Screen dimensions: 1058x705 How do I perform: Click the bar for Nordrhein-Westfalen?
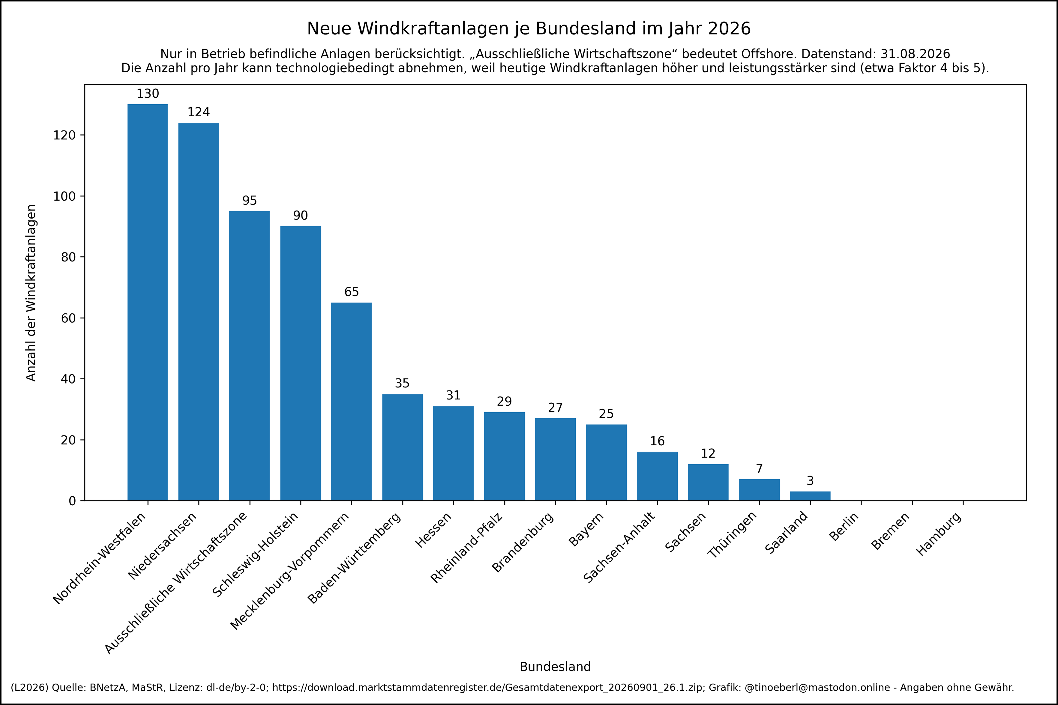(148, 302)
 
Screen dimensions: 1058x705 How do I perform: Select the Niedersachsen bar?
(199, 312)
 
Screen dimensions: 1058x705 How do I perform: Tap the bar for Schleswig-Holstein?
(300, 363)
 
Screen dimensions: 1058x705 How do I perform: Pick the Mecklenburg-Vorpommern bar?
(352, 402)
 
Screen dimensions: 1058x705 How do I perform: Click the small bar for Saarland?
(810, 496)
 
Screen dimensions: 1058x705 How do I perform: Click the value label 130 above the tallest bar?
(148, 94)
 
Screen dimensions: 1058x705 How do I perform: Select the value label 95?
(250, 201)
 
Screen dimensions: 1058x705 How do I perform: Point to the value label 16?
(657, 441)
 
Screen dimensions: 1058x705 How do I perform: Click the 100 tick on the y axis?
(64, 196)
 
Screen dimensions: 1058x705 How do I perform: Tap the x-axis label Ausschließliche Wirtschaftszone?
(176, 583)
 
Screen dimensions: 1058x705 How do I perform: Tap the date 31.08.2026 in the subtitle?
(915, 54)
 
